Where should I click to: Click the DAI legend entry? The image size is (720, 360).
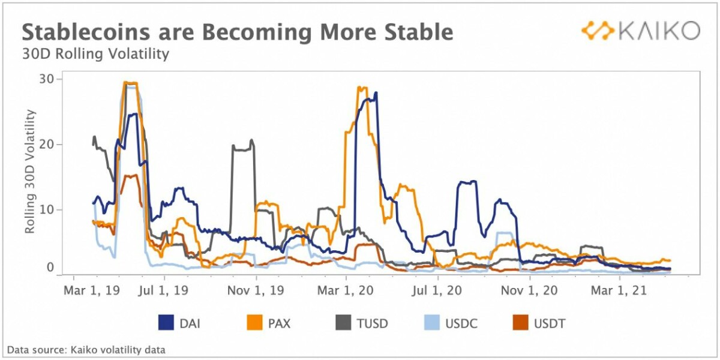[x=179, y=323]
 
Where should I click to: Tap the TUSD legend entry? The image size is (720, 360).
[x=361, y=323]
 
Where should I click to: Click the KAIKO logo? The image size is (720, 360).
[x=640, y=31]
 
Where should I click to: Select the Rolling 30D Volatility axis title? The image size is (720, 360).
[x=29, y=172]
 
